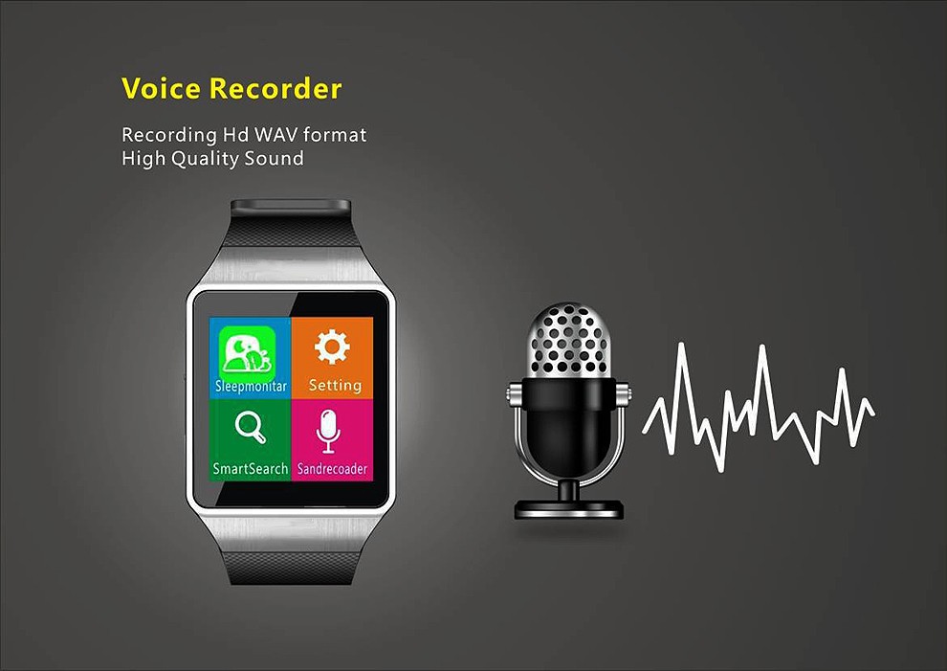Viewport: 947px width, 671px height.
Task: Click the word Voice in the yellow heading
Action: tap(161, 88)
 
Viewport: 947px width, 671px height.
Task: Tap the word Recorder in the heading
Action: tap(275, 88)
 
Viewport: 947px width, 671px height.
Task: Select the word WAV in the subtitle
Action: tap(276, 134)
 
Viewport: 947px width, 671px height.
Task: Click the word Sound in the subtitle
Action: tap(274, 158)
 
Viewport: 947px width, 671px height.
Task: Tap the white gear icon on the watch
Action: tap(332, 347)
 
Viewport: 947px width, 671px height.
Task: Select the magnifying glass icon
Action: tap(250, 427)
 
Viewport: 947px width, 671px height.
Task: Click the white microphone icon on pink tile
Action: tap(328, 431)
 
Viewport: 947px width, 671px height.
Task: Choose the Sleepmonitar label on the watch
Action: tap(251, 387)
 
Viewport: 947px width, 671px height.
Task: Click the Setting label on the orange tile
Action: tap(335, 385)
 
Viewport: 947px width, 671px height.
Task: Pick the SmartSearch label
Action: tap(250, 468)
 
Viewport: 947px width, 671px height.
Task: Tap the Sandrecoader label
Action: tap(332, 469)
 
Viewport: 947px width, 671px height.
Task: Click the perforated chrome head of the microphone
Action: tap(568, 341)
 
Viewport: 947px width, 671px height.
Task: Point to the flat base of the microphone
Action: tap(568, 509)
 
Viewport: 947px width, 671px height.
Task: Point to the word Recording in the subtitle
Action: tap(169, 135)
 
